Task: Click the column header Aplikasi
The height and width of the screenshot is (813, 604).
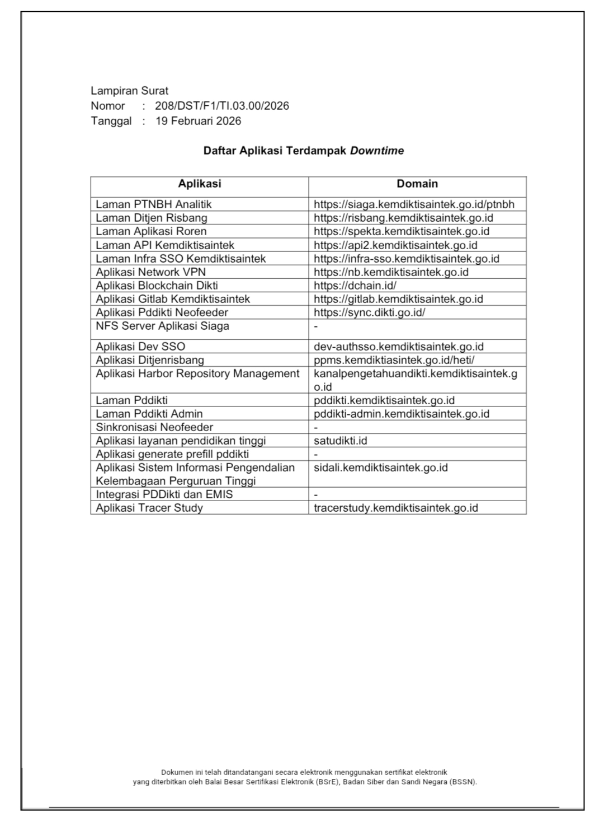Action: coord(200,184)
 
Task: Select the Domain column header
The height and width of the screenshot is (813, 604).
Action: coord(417,184)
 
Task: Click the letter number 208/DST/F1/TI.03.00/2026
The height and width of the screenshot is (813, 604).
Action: coord(222,106)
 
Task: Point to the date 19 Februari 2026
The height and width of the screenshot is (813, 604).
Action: coord(198,121)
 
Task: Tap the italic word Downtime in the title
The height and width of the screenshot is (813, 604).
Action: coord(377,151)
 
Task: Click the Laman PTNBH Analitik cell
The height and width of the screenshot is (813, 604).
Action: coord(154,204)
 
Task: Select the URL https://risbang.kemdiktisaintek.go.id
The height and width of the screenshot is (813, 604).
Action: coord(403,218)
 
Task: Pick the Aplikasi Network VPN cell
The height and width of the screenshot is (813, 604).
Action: coord(150,272)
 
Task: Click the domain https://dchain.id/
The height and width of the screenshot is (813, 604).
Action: coord(355,286)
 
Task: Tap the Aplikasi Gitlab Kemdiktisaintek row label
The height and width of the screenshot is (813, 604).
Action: coord(173,299)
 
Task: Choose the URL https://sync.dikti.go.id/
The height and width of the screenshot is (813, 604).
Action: coord(369,312)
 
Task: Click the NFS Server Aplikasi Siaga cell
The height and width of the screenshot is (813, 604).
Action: coord(162,326)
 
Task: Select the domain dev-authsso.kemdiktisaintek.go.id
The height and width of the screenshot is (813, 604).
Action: coord(399,347)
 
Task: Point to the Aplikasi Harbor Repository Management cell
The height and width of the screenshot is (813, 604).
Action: coord(198,373)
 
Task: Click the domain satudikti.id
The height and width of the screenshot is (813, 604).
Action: coord(341,441)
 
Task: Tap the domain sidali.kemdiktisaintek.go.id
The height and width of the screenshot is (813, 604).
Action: coord(381,468)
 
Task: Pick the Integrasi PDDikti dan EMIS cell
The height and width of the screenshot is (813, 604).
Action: coord(164,494)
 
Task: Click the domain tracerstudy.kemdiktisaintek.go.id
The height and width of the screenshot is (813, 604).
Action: coord(396,508)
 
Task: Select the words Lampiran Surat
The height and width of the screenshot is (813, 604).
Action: coord(129,91)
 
